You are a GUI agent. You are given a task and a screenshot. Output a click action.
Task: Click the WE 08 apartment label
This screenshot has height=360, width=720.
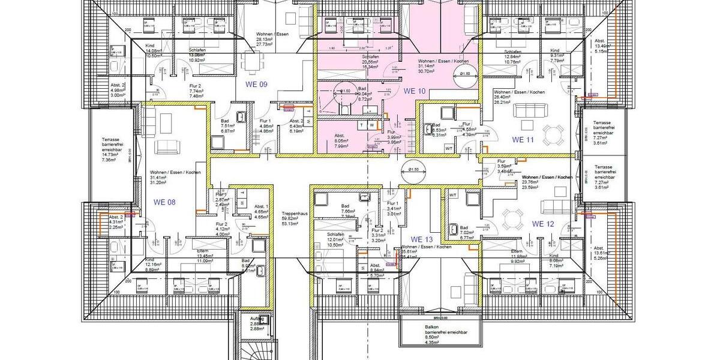[164, 202]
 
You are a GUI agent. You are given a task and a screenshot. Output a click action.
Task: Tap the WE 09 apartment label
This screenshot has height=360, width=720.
[256, 85]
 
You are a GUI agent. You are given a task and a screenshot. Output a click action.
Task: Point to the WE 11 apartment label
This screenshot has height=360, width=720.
[523, 139]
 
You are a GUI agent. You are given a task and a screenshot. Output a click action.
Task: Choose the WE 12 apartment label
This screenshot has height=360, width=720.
[543, 223]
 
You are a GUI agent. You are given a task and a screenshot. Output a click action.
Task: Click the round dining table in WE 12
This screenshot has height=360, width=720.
[511, 219]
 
